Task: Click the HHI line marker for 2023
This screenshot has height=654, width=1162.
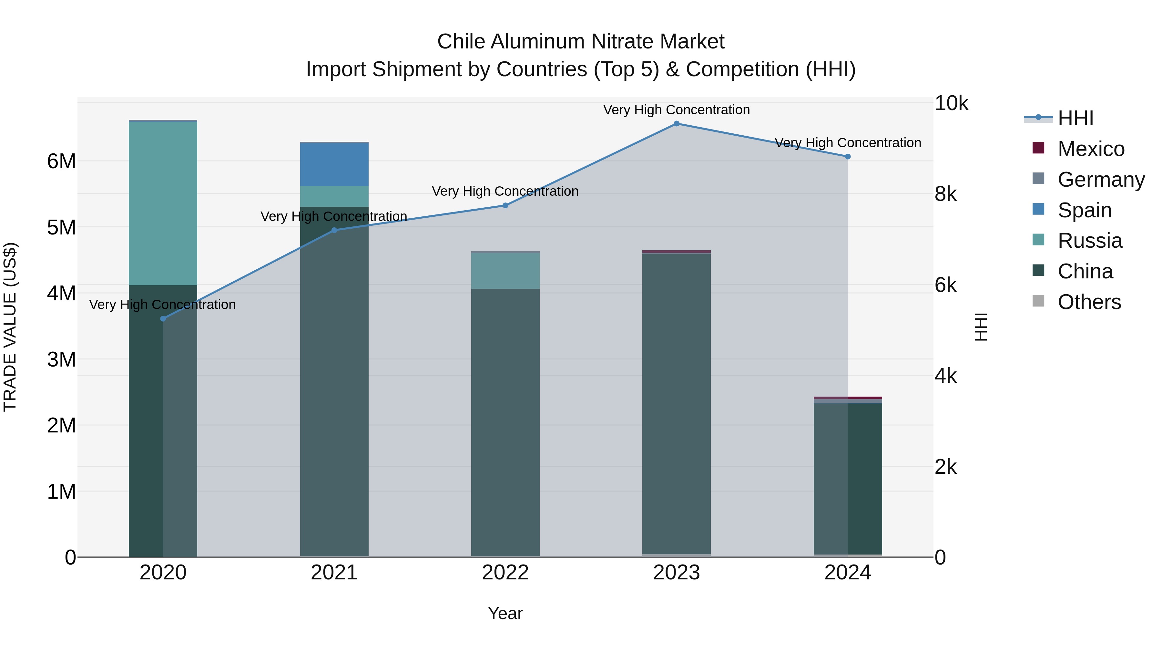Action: (x=676, y=124)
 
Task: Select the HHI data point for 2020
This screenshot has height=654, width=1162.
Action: (x=163, y=319)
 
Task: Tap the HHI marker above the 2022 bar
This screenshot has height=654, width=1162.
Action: (x=505, y=205)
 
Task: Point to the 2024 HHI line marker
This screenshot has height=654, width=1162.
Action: (x=848, y=157)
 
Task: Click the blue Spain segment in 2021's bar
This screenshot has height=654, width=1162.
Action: (x=334, y=164)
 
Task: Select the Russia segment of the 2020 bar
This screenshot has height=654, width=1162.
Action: (x=163, y=203)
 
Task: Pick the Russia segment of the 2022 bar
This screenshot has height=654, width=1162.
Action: (x=505, y=271)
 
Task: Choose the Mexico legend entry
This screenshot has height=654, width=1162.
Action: (x=1090, y=149)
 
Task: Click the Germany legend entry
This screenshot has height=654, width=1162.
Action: (x=1101, y=180)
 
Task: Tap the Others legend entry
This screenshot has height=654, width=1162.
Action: (x=1089, y=302)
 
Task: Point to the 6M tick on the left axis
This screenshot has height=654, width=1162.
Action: (x=61, y=161)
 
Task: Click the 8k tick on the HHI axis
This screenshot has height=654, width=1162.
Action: (x=945, y=194)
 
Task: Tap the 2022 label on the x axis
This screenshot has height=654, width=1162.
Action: (x=505, y=573)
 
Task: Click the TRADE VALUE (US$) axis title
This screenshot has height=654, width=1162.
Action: (x=10, y=327)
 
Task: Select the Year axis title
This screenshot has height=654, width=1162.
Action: (x=505, y=613)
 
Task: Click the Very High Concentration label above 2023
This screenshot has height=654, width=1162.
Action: (x=676, y=110)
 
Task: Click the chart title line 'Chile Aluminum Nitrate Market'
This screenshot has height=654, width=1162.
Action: (x=581, y=42)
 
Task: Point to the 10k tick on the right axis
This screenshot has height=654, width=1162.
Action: (x=951, y=103)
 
